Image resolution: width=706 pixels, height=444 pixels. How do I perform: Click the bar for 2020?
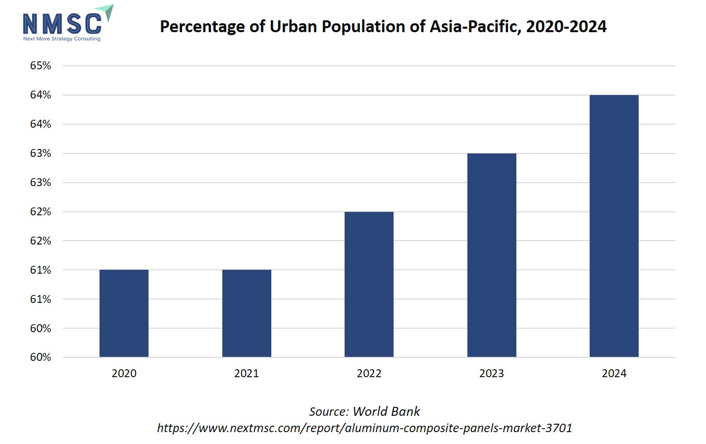(x=124, y=313)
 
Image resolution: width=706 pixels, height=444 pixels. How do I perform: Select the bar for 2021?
(x=247, y=313)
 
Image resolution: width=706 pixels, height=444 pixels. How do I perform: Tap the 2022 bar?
(x=369, y=284)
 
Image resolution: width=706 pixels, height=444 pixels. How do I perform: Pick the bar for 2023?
(x=492, y=255)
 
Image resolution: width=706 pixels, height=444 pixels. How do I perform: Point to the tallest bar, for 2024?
(x=614, y=226)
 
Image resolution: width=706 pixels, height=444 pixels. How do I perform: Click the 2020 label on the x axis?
(x=124, y=373)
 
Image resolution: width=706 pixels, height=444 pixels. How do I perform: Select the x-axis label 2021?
(x=247, y=373)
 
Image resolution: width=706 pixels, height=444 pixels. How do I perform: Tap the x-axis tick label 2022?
(x=369, y=373)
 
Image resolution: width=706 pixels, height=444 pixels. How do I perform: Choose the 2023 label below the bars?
(x=492, y=373)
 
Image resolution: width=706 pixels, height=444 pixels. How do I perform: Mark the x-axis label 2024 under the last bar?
(x=614, y=373)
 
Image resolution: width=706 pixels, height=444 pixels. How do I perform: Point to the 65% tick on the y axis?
(x=41, y=65)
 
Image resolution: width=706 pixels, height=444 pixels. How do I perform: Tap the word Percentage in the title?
(x=202, y=26)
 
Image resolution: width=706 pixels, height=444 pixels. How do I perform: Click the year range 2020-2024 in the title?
(x=566, y=26)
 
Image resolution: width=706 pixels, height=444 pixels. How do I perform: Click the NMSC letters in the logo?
(x=62, y=24)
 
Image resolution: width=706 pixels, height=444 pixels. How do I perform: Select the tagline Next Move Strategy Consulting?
(x=62, y=39)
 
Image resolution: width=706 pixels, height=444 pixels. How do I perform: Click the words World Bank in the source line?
(x=386, y=411)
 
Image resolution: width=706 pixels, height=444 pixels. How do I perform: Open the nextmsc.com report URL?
(x=364, y=428)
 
